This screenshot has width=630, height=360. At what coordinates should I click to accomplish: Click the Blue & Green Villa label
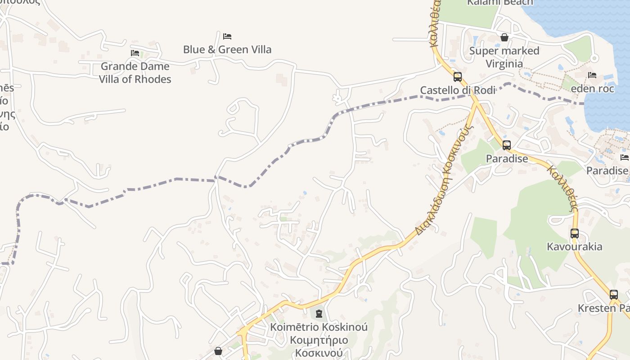[227, 49]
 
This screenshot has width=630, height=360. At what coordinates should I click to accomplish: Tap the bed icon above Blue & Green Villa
[227, 36]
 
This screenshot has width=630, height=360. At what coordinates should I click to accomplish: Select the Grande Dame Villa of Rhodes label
[135, 72]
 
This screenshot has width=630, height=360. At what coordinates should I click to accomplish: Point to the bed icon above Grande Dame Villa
[135, 53]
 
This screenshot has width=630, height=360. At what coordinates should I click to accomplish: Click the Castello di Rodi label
[458, 90]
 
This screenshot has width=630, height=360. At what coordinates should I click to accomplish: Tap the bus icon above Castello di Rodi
[458, 77]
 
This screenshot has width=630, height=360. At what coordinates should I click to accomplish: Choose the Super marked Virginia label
[504, 57]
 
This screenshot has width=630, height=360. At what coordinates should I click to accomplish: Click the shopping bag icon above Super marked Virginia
[504, 37]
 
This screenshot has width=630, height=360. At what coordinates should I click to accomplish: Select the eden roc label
[592, 88]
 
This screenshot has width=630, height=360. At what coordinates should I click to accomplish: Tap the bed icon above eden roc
[592, 75]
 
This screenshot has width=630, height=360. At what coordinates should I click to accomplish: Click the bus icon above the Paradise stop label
[507, 145]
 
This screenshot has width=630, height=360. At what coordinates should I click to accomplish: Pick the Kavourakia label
[574, 247]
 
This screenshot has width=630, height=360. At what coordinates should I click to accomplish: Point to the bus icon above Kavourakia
[575, 234]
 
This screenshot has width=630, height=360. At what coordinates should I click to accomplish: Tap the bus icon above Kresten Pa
[614, 295]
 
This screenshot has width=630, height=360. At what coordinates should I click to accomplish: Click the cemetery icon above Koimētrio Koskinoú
[319, 314]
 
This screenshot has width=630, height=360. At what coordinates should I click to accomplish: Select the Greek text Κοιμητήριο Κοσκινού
[319, 346]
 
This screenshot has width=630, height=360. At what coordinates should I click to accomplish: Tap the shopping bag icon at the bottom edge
[218, 351]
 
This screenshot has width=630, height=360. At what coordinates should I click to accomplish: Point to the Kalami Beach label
[500, 3]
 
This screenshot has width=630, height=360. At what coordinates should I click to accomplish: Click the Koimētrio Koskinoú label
[319, 327]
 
